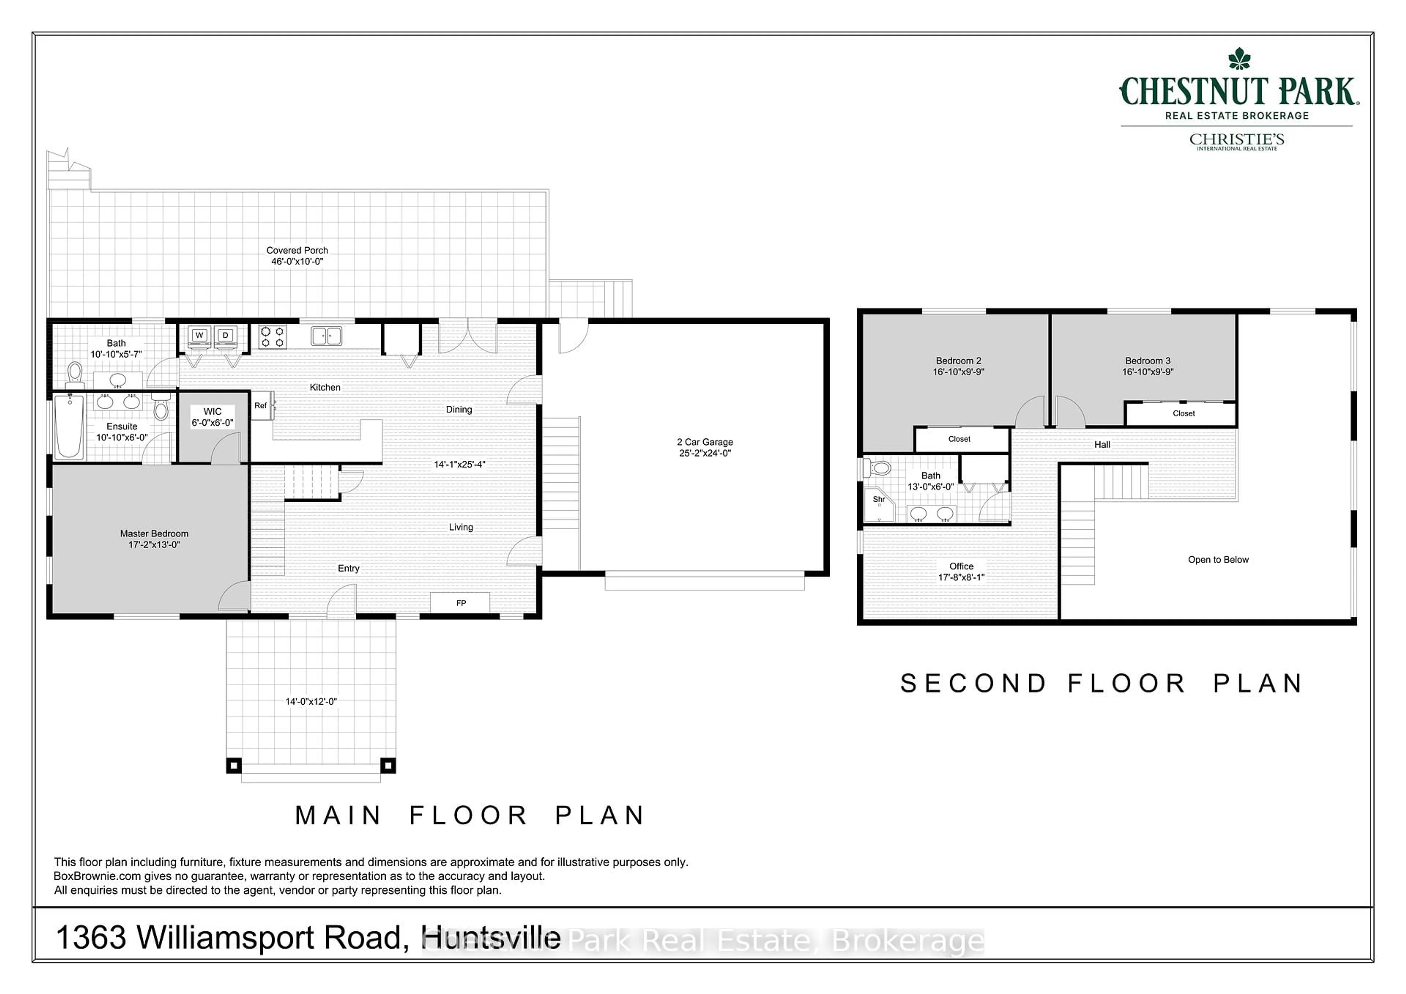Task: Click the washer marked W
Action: (x=199, y=335)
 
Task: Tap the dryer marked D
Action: (x=225, y=335)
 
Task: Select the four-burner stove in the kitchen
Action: (x=272, y=336)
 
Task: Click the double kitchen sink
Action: (x=326, y=335)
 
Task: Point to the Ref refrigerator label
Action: (x=261, y=405)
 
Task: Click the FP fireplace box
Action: (x=461, y=603)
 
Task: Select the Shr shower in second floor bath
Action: (x=879, y=504)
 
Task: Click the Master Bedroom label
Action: (x=154, y=533)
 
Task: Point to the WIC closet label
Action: (x=212, y=412)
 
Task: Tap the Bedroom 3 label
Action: (x=1148, y=361)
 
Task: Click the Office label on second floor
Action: (x=961, y=567)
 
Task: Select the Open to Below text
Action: (x=1218, y=560)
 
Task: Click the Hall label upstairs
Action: (x=1102, y=445)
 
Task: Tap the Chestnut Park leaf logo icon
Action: (x=1239, y=59)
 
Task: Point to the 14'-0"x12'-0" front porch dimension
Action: (x=311, y=702)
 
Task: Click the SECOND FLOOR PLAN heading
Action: (x=1102, y=683)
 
